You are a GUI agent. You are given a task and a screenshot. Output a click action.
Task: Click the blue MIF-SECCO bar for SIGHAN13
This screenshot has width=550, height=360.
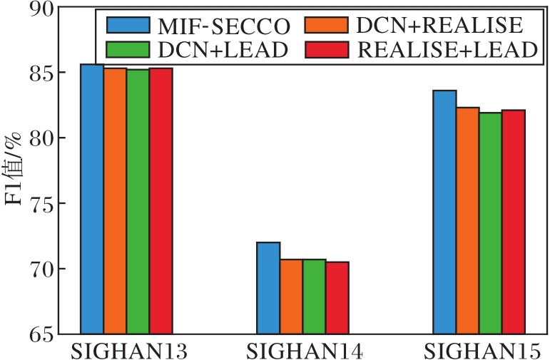(92, 199)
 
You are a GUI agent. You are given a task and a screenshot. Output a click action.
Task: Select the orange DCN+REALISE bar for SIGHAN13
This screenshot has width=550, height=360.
(115, 200)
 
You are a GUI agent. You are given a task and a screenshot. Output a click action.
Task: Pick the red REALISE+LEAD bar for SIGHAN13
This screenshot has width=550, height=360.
(161, 200)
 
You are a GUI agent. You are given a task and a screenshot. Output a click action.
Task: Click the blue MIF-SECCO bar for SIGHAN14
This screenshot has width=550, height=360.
(268, 288)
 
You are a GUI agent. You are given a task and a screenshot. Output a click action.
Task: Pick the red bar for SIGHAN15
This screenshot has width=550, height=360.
(513, 222)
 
